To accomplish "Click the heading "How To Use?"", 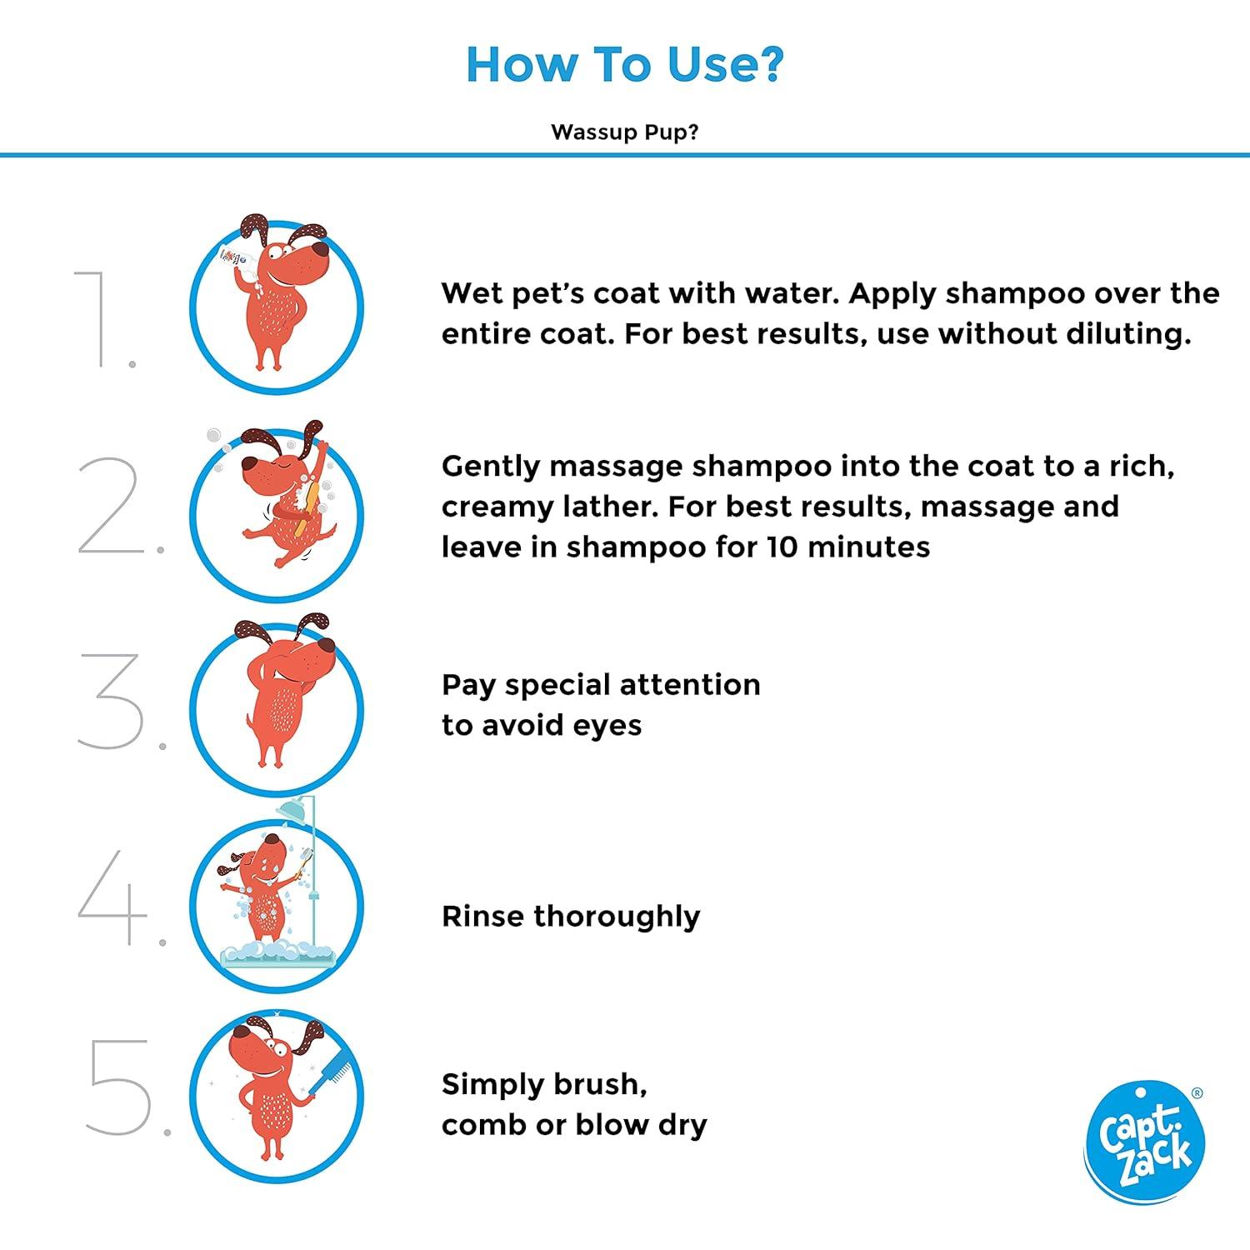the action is [x=625, y=64].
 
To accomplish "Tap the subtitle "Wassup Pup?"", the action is [x=625, y=132].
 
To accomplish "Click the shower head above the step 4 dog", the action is [x=292, y=809].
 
